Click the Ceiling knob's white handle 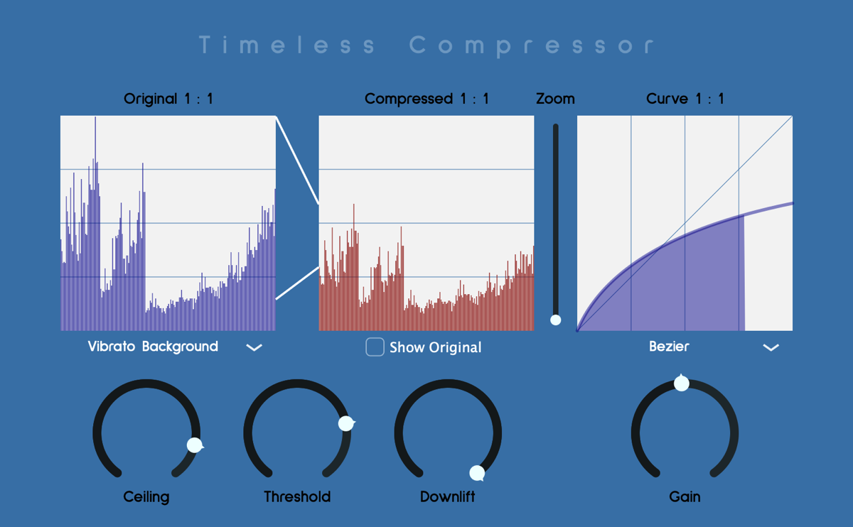click(x=195, y=445)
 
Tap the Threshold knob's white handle click(x=346, y=423)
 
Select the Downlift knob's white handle click(x=477, y=473)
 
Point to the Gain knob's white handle click(x=681, y=383)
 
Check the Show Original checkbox click(x=375, y=347)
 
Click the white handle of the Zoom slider click(x=556, y=320)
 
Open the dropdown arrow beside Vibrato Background click(x=254, y=347)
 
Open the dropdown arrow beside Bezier click(x=771, y=347)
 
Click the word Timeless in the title click(x=287, y=45)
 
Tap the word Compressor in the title click(x=532, y=45)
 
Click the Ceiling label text click(x=146, y=497)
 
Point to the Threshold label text click(x=297, y=496)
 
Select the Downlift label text click(x=447, y=496)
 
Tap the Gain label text click(x=685, y=496)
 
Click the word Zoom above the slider click(x=555, y=99)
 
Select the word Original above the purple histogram click(x=151, y=99)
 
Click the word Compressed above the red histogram click(x=409, y=99)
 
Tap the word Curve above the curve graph click(x=667, y=99)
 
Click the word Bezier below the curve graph click(x=669, y=347)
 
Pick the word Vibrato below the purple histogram click(x=112, y=347)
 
